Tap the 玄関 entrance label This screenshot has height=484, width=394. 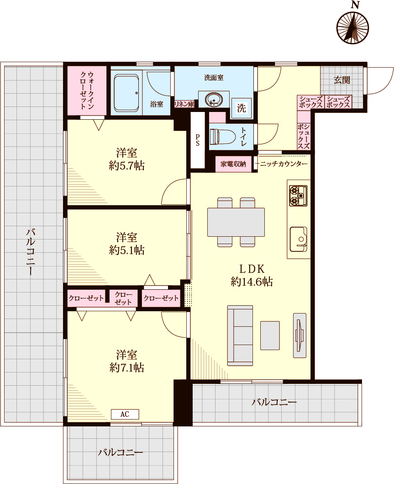[342, 80]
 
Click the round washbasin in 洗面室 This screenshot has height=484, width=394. [214, 100]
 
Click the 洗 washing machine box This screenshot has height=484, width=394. [242, 108]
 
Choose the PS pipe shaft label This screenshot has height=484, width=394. [197, 140]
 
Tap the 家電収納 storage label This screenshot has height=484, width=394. [233, 164]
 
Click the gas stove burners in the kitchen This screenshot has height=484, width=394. [298, 196]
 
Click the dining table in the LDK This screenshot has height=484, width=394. [236, 222]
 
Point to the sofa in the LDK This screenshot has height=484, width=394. [240, 335]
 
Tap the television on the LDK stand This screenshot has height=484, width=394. [299, 335]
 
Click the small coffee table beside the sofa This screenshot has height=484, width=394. [270, 335]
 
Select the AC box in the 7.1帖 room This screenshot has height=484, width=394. [125, 414]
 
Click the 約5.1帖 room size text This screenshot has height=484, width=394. [127, 250]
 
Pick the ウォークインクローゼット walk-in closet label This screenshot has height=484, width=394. [87, 90]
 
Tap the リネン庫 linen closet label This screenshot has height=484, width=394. [184, 104]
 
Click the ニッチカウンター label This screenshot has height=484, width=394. [284, 164]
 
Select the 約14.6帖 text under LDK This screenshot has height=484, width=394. [252, 282]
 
